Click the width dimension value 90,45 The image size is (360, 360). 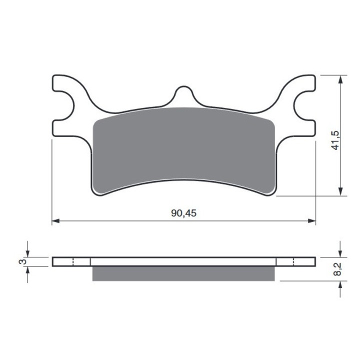(183, 213)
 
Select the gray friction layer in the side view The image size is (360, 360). (183, 273)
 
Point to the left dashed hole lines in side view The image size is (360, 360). (73, 261)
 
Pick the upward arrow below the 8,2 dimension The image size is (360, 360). (340, 284)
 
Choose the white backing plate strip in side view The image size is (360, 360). (183, 261)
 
